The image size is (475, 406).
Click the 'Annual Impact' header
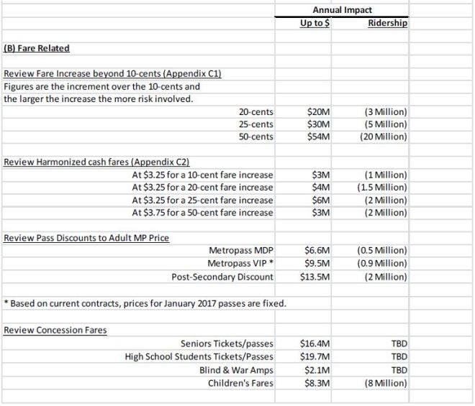[x=342, y=10]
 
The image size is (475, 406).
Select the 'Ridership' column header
[x=387, y=23]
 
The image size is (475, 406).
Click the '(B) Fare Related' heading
[x=37, y=48]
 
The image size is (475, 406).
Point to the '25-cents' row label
[x=256, y=124]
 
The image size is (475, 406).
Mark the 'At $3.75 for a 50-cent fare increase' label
[x=203, y=212]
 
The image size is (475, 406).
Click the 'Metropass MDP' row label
[x=241, y=251]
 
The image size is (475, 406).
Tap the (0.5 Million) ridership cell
[x=382, y=251]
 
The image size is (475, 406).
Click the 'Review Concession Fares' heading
[x=55, y=330]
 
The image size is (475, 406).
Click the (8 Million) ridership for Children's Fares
[x=386, y=383]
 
